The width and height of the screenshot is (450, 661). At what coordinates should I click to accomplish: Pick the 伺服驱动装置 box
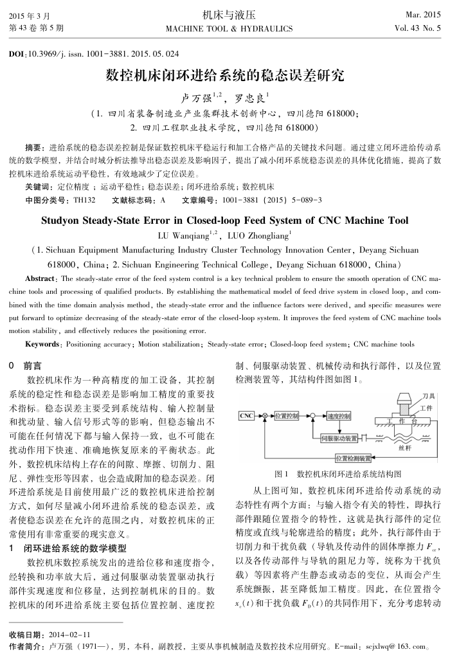point(339,438)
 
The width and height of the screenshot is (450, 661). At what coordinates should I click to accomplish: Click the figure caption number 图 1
point(281,474)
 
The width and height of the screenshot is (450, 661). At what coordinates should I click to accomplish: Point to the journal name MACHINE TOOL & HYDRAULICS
point(229,29)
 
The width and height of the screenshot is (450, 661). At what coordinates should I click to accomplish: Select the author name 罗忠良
point(251,98)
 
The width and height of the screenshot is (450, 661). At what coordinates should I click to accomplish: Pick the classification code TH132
point(84,200)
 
